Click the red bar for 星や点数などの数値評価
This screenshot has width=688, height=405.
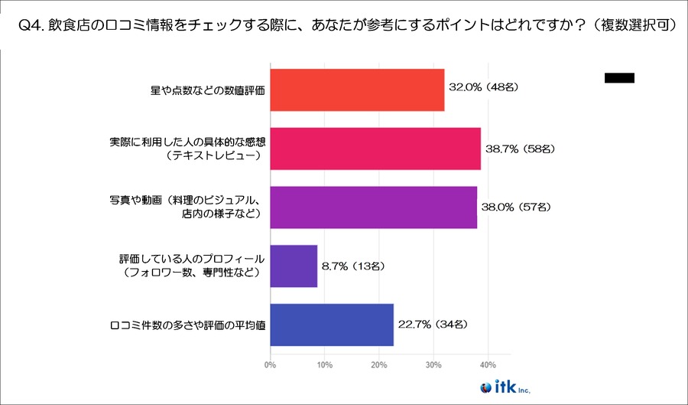(x=357, y=90)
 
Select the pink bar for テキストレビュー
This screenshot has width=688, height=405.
(x=375, y=149)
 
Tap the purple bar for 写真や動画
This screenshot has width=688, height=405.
(x=373, y=207)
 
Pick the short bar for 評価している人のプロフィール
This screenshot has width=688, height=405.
(x=294, y=266)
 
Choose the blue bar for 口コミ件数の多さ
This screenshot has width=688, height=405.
(x=332, y=325)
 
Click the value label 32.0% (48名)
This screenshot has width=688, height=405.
(x=484, y=87)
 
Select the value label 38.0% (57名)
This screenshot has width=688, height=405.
(x=516, y=206)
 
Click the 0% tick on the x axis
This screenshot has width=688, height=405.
(x=270, y=364)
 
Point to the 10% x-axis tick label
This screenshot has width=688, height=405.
(x=324, y=364)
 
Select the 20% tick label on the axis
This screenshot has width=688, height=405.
(x=378, y=364)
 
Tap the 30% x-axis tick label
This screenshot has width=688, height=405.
(x=433, y=364)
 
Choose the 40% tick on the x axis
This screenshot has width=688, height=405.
(x=488, y=364)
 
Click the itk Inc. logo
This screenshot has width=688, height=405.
(x=501, y=386)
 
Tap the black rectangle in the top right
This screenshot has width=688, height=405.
(x=619, y=77)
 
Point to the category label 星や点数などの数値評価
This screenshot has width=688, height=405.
(x=207, y=90)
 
